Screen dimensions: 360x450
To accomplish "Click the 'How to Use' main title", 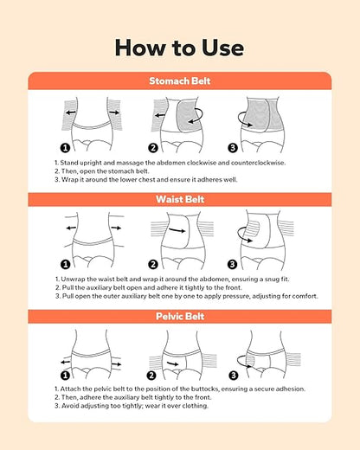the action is click(179, 48).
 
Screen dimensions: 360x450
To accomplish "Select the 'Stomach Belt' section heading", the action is click(180, 80).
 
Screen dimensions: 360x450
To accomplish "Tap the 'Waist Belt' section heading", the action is click(180, 199).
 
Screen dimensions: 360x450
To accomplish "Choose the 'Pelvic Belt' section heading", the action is click(180, 317).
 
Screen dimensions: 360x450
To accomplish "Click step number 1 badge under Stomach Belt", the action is click(65, 148).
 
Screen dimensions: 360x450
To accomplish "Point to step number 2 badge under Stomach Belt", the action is click(153, 148).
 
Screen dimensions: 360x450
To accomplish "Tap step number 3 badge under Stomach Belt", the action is click(233, 148).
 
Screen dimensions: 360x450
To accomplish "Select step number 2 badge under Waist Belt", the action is click(153, 264).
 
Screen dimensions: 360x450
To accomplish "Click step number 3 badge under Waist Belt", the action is click(232, 264).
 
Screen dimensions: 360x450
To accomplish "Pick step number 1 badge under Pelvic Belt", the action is click(65, 376).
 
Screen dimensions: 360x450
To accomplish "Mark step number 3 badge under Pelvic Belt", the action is click(234, 376).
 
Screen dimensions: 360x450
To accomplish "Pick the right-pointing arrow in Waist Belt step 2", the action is click(177, 230).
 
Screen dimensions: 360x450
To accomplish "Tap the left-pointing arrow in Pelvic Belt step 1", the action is click(66, 362).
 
